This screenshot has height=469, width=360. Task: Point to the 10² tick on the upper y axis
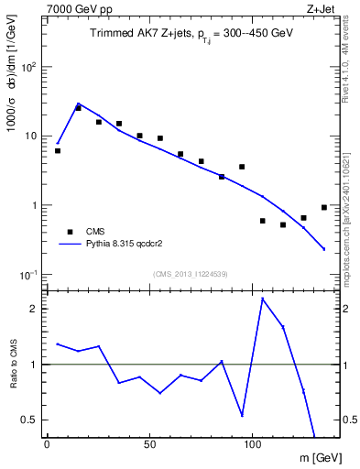click(29, 67)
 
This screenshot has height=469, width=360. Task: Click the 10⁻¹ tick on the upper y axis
click(28, 274)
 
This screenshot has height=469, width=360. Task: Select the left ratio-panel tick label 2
click(35, 309)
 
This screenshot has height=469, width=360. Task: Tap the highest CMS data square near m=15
click(78, 108)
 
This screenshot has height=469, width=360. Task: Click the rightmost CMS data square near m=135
click(324, 207)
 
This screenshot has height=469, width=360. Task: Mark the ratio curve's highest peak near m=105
click(263, 299)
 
